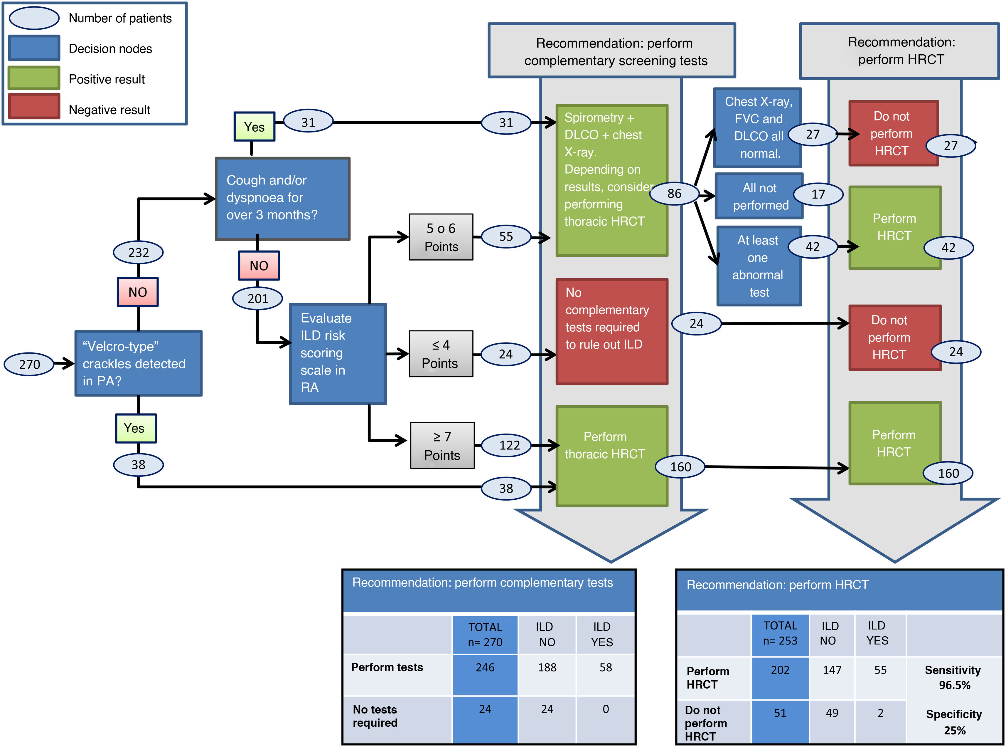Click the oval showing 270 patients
[29, 364]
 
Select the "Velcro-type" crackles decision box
[138, 363]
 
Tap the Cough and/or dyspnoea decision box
[282, 199]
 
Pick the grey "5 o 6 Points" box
[441, 237]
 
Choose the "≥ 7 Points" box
[442, 445]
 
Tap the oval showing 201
[258, 298]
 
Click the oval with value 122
[509, 445]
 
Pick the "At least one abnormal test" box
[759, 266]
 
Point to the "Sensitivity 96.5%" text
[953, 677]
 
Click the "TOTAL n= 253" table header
[780, 633]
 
